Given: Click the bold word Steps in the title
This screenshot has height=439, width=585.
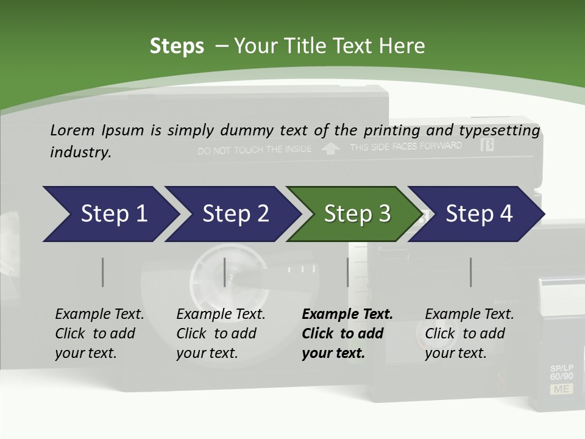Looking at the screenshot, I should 177,46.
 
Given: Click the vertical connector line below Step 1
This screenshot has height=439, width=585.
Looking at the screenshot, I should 102,272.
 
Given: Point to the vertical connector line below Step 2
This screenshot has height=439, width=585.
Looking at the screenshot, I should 225,272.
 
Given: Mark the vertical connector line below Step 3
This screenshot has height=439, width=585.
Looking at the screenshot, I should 348,272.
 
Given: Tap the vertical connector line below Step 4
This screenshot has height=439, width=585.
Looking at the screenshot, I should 470,272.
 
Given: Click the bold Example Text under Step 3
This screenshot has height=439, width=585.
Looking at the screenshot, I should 347,314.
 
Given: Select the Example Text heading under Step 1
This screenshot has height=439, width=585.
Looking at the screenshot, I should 99,314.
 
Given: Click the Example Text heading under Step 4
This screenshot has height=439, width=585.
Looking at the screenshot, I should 469,314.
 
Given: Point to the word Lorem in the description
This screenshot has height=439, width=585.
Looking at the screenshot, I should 73,130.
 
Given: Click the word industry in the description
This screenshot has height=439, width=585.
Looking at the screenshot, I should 80,152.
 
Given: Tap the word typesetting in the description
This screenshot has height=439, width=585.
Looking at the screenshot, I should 499,130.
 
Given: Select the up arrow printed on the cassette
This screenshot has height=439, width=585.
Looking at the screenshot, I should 330,149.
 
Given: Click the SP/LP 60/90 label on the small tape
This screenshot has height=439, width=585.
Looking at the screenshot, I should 561,373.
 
